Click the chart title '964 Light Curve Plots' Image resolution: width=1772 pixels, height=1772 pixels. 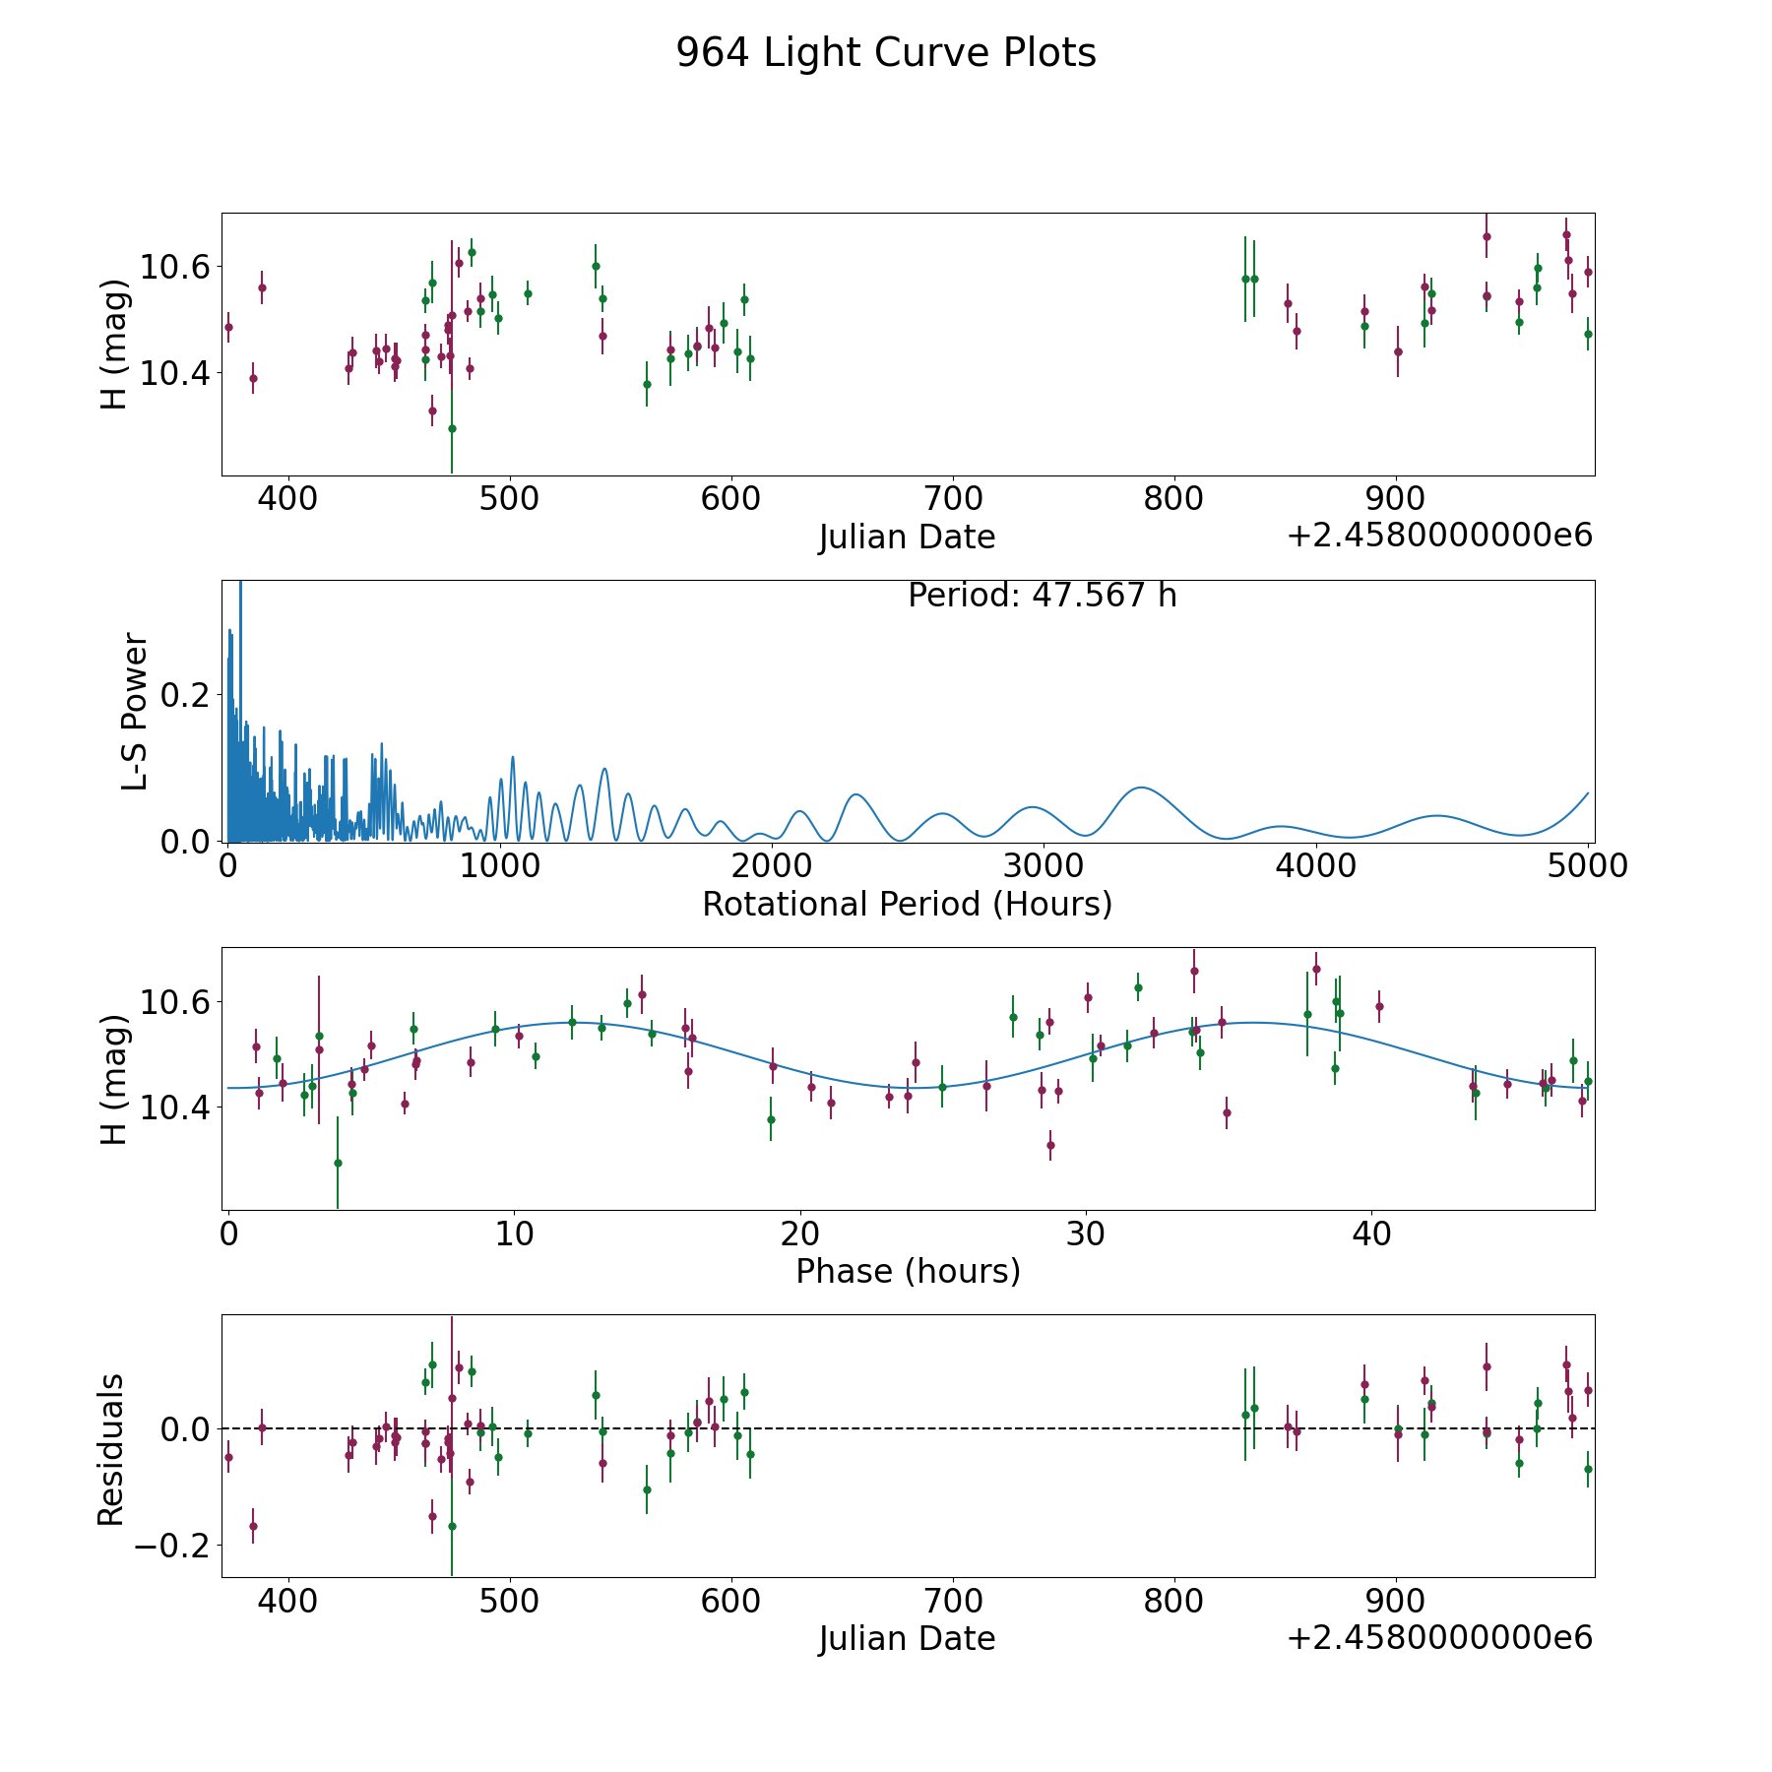tap(885, 53)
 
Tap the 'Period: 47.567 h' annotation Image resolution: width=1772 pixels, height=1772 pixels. tap(1042, 596)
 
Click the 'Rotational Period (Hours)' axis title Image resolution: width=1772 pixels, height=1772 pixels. tap(907, 904)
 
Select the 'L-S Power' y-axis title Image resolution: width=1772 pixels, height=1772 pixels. tap(135, 712)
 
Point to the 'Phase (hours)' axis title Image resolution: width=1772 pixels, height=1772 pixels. tap(907, 1271)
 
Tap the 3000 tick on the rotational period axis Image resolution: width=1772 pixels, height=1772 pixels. tap(1043, 865)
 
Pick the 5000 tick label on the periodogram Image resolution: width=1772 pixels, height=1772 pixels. tap(1587, 865)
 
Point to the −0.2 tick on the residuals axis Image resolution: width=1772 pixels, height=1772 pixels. tap(173, 1547)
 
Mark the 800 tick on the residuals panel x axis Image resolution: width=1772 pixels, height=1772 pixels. tap(1174, 1600)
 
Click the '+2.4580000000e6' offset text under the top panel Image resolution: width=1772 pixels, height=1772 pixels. tap(1439, 536)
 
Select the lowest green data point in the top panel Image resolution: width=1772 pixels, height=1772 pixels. tap(452, 428)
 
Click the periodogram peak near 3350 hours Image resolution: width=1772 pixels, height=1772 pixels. tap(1140, 788)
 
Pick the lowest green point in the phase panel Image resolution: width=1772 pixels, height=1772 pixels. tap(338, 1163)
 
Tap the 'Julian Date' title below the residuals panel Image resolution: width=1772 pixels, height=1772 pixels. tap(907, 1638)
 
